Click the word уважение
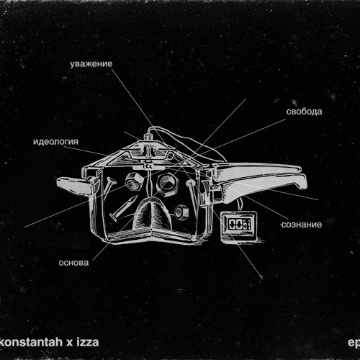[x=91, y=64]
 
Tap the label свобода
[x=304, y=112]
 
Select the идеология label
[x=55, y=142]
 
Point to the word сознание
[x=302, y=225]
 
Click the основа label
[x=73, y=263]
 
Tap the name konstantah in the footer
[x=31, y=342]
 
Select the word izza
[x=88, y=342]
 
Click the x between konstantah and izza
[x=69, y=343]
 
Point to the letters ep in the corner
[x=354, y=343]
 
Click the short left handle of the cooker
[x=73, y=185]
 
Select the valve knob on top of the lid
[x=148, y=138]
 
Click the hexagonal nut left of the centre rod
[x=134, y=181]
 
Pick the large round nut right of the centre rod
[x=167, y=184]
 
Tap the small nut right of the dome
[x=181, y=212]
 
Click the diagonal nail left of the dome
[x=124, y=208]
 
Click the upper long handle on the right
[x=257, y=169]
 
